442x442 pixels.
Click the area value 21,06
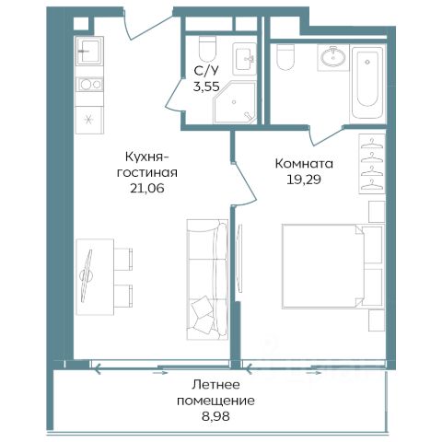[x=147, y=188]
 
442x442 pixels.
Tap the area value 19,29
[x=304, y=180]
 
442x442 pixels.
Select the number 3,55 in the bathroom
[x=206, y=87]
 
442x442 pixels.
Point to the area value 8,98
[x=216, y=416]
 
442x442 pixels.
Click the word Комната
[x=304, y=164]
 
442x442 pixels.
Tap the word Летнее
[x=215, y=385]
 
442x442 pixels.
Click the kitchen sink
[x=89, y=51]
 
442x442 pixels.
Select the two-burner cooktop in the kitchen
[x=89, y=84]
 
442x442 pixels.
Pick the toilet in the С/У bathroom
[x=208, y=49]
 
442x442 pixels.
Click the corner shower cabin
[x=235, y=102]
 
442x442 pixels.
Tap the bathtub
[x=367, y=83]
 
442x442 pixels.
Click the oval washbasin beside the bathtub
[x=333, y=57]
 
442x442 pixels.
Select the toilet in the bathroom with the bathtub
[x=285, y=56]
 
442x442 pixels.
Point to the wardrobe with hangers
[x=372, y=164]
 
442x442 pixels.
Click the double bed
[x=333, y=266]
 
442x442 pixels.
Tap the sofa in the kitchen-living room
[x=207, y=279]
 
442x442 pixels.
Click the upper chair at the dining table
[x=123, y=259]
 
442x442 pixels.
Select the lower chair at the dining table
[x=123, y=296]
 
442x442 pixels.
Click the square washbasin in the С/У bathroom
[x=244, y=59]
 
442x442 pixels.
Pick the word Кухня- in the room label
[x=146, y=157]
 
